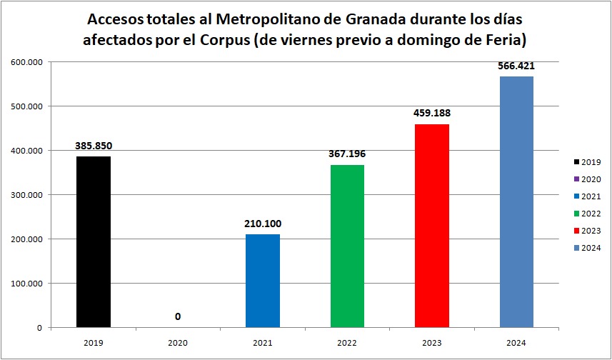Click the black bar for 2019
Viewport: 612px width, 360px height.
click(x=93, y=241)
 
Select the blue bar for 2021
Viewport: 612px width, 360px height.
click(x=263, y=281)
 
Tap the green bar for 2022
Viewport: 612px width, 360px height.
click(x=348, y=246)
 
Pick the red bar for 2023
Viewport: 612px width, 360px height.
click(x=432, y=226)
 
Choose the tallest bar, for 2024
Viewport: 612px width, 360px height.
click(x=516, y=201)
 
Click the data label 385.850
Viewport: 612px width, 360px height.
click(x=93, y=146)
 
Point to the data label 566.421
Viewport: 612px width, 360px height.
click(x=516, y=66)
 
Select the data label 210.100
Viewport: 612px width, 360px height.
click(x=263, y=224)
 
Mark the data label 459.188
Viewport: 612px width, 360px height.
click(x=432, y=113)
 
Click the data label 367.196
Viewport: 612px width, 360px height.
click(x=348, y=154)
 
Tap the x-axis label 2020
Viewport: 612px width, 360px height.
click(x=178, y=343)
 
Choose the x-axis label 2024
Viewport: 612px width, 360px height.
click(x=516, y=343)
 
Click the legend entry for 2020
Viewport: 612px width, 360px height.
click(x=586, y=179)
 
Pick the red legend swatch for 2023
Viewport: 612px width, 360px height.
click(x=576, y=231)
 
